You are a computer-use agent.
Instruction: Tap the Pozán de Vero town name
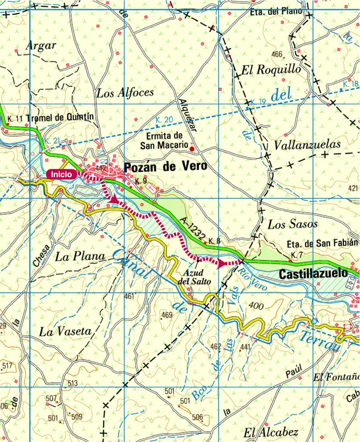166,167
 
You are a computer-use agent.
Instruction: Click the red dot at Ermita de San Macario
192,149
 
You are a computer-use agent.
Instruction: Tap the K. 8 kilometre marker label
215,241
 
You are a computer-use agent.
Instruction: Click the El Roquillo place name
271,70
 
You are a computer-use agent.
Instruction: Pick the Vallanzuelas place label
307,145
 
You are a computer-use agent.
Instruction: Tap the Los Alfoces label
125,92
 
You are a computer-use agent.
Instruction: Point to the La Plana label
80,256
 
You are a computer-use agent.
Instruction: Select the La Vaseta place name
65,332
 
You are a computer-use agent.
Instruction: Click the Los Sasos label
292,225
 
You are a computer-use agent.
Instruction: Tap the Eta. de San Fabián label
319,244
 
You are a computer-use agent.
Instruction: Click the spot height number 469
167,315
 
